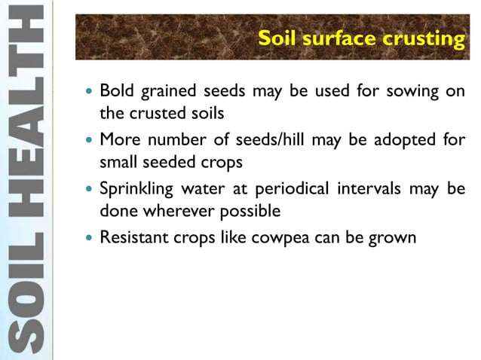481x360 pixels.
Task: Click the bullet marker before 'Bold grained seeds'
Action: click(x=89, y=93)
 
